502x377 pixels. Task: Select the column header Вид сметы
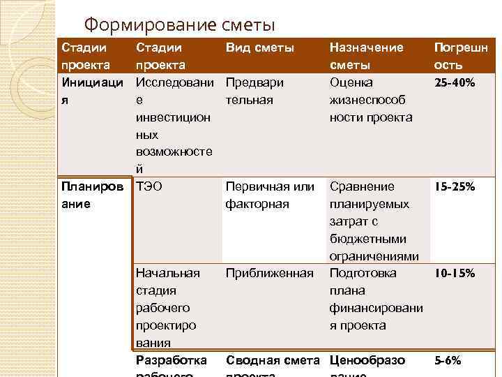coord(259,48)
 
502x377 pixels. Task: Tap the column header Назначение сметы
coord(366,57)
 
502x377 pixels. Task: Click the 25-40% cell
coord(455,83)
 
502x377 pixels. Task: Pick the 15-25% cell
coord(455,187)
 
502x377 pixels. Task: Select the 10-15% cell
coord(455,274)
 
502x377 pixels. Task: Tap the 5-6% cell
coord(448,361)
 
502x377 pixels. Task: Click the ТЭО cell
coord(151,187)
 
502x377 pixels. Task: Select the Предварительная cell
coord(254,91)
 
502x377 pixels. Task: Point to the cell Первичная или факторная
coord(270,195)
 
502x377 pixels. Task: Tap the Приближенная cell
coord(270,273)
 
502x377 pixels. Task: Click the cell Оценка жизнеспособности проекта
coord(370,100)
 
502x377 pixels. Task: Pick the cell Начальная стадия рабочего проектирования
coord(168,307)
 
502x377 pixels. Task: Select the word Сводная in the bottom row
coord(252,360)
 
